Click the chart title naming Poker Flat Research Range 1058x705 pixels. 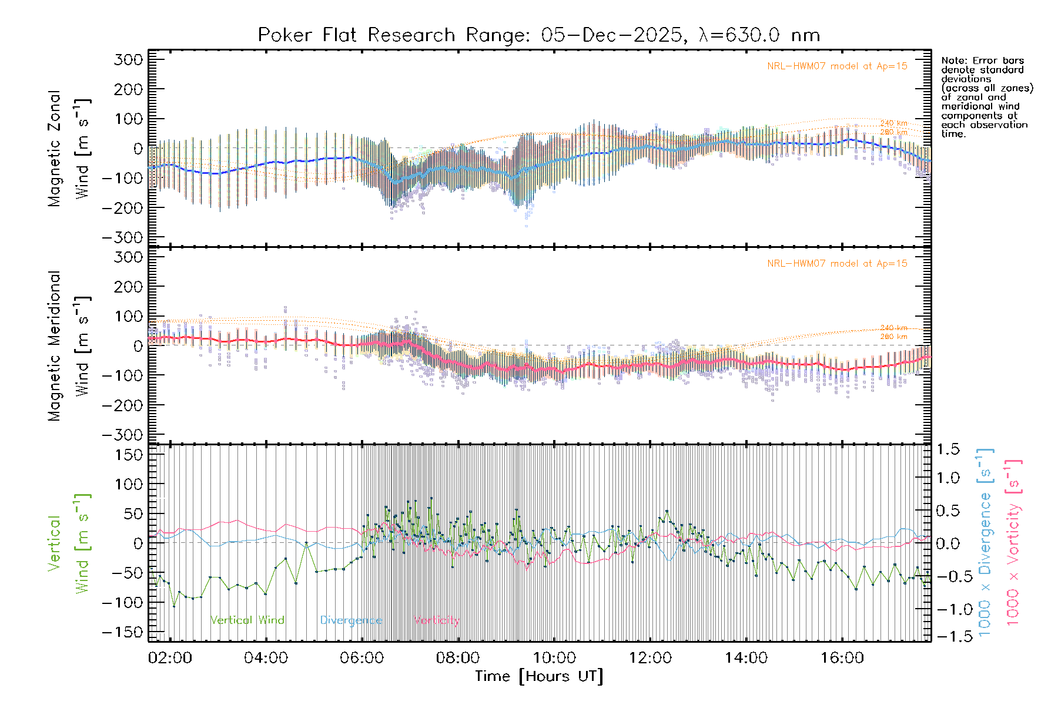tap(538, 35)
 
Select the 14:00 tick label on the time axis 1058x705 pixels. tap(746, 657)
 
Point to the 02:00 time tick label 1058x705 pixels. tap(170, 657)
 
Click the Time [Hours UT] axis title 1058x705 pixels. tap(538, 676)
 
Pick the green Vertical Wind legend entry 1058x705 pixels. tap(247, 620)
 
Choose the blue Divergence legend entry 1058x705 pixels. tap(351, 620)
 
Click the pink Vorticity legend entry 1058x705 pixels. tap(436, 620)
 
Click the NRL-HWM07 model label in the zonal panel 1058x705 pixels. tap(837, 66)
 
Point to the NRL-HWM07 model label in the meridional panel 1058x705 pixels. tap(837, 264)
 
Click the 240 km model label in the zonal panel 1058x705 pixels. tap(893, 123)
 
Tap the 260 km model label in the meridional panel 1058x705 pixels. tap(893, 337)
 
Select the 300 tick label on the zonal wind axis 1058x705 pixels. tap(128, 59)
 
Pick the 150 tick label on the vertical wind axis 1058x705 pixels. tap(128, 455)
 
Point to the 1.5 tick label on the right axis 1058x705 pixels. tap(947, 449)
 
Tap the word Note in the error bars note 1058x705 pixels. tap(952, 61)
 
